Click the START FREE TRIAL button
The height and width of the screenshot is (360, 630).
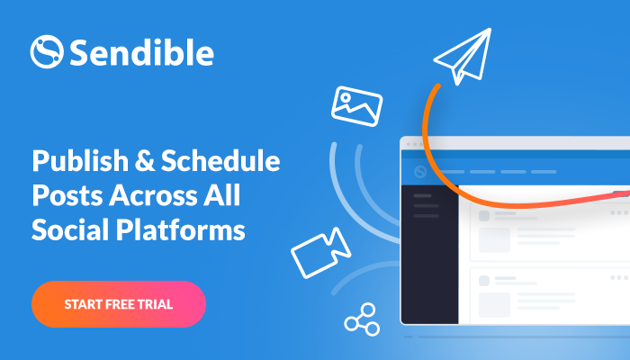(119, 304)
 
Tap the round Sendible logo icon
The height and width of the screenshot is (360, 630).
(47, 52)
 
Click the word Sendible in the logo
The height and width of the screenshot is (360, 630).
(142, 52)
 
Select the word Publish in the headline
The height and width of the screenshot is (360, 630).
(80, 161)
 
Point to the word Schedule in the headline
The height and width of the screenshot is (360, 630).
(220, 160)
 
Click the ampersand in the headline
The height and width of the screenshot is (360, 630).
(144, 161)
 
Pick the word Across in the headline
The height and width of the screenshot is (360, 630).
(153, 195)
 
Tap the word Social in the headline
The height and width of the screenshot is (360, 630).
(70, 229)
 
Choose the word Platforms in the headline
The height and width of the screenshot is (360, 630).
(180, 229)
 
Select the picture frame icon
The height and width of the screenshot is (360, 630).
(356, 106)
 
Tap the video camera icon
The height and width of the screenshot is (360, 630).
(320, 253)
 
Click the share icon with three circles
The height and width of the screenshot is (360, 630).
(362, 319)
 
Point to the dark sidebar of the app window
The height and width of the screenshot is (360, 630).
(430, 255)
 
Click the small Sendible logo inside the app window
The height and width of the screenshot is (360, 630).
(420, 172)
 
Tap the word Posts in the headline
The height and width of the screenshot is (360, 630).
(67, 195)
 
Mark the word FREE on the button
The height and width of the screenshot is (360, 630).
(119, 304)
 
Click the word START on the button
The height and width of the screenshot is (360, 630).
(83, 304)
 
